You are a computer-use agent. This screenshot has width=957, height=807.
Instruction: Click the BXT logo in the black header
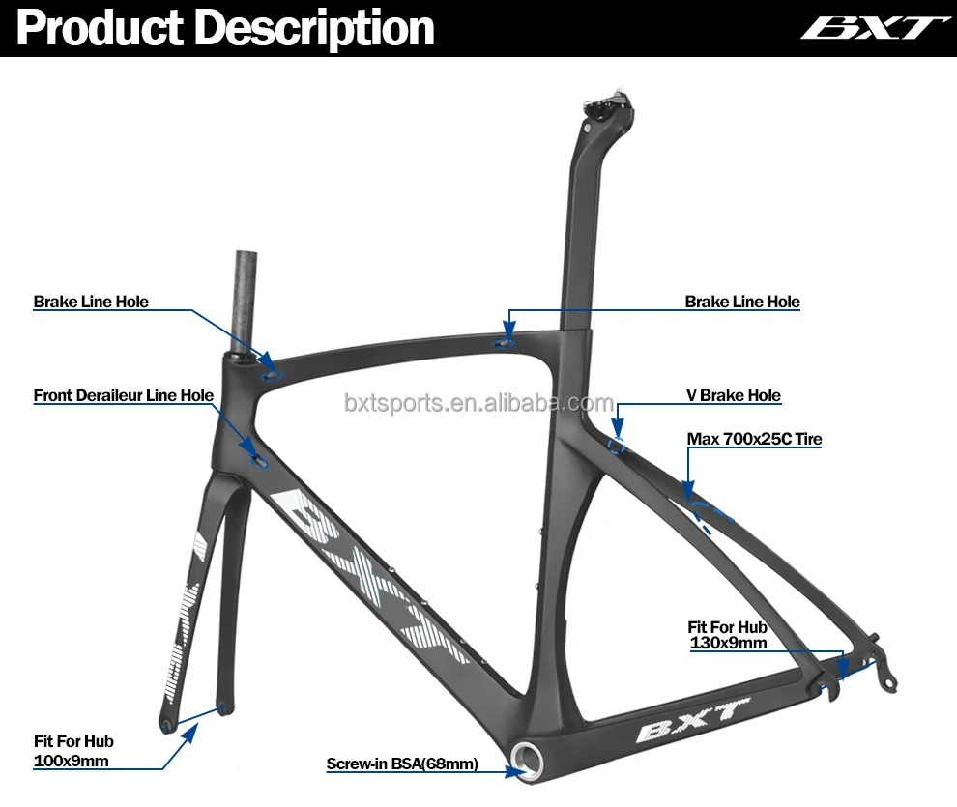click(869, 28)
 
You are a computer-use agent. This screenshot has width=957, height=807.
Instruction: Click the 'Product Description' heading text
click(225, 28)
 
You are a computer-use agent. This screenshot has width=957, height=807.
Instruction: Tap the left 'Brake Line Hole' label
click(91, 302)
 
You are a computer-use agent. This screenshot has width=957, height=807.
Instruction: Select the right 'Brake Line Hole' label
click(742, 302)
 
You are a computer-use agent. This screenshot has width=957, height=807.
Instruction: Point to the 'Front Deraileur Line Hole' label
click(124, 395)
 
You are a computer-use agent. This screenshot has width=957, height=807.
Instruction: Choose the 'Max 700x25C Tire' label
click(754, 440)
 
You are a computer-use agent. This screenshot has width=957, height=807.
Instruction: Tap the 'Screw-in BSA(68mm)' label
click(402, 764)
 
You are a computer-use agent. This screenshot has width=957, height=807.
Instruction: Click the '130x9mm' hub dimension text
click(728, 642)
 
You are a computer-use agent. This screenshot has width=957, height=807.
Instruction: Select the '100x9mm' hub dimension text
click(71, 761)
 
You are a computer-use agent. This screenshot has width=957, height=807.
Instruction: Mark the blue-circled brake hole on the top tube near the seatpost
click(506, 340)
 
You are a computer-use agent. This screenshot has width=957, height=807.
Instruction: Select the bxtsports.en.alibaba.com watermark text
click(478, 403)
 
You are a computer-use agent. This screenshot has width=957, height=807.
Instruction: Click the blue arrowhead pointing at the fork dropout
click(188, 732)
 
